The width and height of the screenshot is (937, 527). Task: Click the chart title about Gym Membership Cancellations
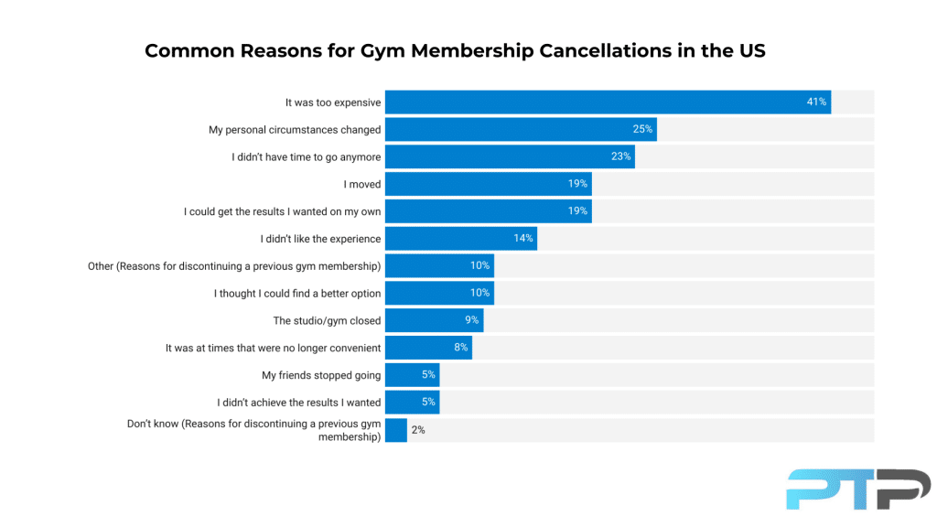pyautogui.click(x=455, y=51)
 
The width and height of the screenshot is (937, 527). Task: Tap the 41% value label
pyautogui.click(x=816, y=102)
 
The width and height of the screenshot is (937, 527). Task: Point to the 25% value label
pyautogui.click(x=642, y=129)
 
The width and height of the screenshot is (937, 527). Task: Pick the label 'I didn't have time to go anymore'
pyautogui.click(x=306, y=157)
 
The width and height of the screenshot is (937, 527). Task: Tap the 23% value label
pyautogui.click(x=620, y=156)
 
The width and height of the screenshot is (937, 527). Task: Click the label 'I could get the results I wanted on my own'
pyautogui.click(x=282, y=211)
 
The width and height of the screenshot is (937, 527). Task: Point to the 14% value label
pyautogui.click(x=522, y=239)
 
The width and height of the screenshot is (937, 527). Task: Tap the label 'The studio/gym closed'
pyautogui.click(x=327, y=321)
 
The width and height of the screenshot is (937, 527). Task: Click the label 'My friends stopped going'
pyautogui.click(x=321, y=375)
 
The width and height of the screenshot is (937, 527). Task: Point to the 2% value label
pyautogui.click(x=418, y=430)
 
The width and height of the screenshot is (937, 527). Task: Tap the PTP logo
pyautogui.click(x=857, y=489)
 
